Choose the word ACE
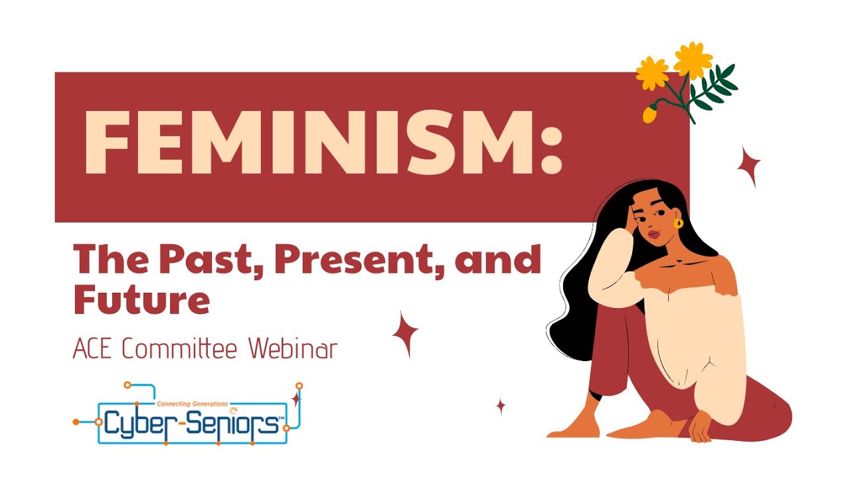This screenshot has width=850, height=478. tap(92, 349)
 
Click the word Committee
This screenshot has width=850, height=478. tap(180, 349)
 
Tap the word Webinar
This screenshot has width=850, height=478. tap(294, 349)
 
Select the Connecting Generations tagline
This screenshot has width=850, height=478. tap(192, 404)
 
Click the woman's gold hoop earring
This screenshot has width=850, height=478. tap(678, 223)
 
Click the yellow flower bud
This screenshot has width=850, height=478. tap(650, 114)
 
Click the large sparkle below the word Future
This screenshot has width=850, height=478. tap(405, 335)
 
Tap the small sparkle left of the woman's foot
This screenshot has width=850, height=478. tap(501, 407)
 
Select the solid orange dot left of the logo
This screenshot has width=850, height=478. tap(76, 422)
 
